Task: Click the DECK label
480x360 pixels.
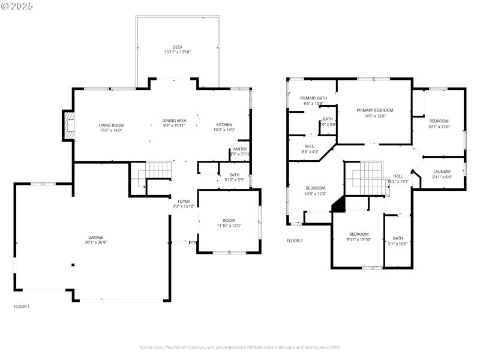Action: click(178, 47)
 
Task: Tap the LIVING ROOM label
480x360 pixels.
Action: click(111, 125)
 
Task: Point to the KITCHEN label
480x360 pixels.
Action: click(225, 125)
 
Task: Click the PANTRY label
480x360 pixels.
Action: click(239, 149)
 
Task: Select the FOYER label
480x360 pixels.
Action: click(184, 201)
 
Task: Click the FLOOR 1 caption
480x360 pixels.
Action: click(22, 307)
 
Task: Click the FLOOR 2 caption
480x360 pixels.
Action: click(295, 241)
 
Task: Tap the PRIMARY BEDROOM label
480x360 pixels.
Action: click(374, 110)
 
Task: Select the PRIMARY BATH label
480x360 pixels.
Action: click(313, 98)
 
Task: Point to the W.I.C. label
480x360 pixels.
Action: click(310, 146)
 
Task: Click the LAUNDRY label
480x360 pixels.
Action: click(442, 172)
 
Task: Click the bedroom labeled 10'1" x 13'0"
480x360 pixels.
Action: click(439, 121)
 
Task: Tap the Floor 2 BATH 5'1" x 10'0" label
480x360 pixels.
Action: click(398, 238)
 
